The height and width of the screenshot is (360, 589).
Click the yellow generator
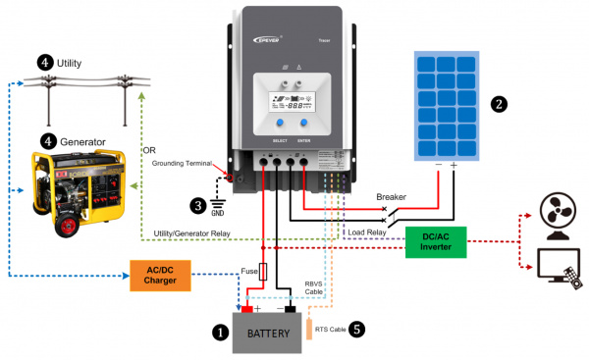(76, 192)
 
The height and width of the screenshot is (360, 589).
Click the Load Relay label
(369, 232)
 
